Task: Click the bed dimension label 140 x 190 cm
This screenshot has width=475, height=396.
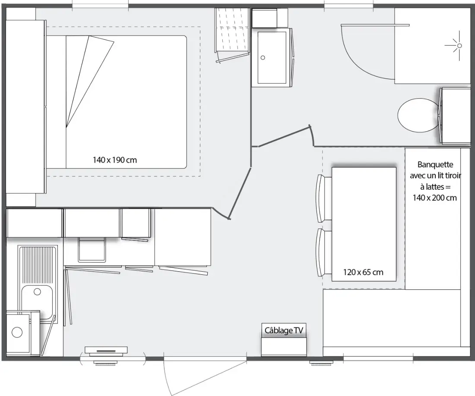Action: pyautogui.click(x=115, y=160)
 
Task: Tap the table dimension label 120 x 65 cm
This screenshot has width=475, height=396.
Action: pyautogui.click(x=363, y=272)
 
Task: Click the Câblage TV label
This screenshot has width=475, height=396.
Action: pyautogui.click(x=284, y=330)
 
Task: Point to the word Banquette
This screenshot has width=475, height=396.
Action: pyautogui.click(x=435, y=165)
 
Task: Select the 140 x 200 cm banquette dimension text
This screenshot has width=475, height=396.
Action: pyautogui.click(x=434, y=198)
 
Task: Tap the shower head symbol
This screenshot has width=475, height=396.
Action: pyautogui.click(x=459, y=46)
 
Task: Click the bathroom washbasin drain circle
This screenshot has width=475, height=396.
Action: pyautogui.click(x=263, y=57)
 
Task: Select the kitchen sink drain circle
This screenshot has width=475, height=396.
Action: pyautogui.click(x=37, y=292)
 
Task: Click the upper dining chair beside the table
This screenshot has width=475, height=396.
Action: pyautogui.click(x=323, y=198)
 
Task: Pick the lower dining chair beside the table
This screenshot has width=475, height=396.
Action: pyautogui.click(x=323, y=252)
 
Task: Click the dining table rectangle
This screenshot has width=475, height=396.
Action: pyautogui.click(x=364, y=224)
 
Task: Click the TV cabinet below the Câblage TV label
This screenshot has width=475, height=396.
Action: pyautogui.click(x=284, y=347)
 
